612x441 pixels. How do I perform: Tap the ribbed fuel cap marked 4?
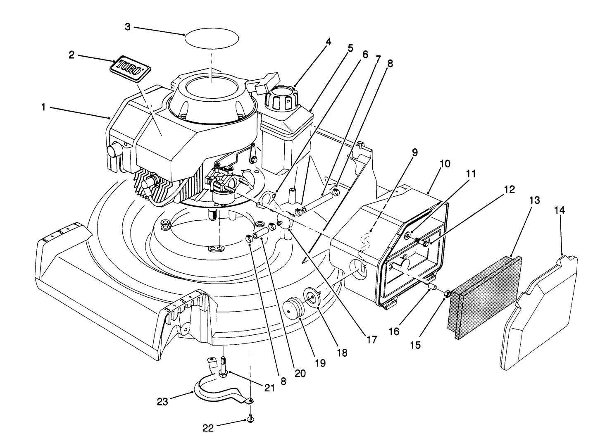click(281, 98)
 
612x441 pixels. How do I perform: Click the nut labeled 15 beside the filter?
click(447, 294)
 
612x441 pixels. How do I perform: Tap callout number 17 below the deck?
click(371, 339)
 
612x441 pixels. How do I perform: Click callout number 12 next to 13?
click(510, 190)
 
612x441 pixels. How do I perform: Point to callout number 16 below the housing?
click(394, 331)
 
